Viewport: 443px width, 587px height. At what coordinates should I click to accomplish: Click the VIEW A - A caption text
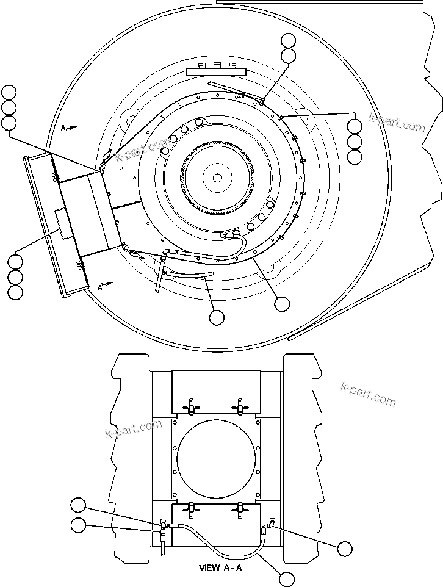[x=220, y=567]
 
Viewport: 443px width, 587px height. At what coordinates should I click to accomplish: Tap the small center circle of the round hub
[x=217, y=178]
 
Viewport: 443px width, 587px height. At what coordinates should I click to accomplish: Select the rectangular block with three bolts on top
[x=217, y=71]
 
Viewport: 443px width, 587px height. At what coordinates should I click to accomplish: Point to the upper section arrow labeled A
[x=68, y=128]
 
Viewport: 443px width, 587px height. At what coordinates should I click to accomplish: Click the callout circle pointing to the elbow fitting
[x=345, y=548]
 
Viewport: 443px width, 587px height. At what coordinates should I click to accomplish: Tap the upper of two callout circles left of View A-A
[x=78, y=505]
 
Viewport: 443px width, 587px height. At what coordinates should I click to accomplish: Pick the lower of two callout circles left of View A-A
[x=78, y=525]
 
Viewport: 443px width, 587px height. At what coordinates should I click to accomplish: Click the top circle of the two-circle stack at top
[x=289, y=41]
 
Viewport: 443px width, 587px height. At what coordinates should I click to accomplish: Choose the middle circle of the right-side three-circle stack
[x=355, y=142]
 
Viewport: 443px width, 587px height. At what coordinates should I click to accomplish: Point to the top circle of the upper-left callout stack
[x=9, y=93]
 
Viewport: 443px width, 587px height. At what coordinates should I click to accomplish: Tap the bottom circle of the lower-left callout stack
[x=15, y=292]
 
